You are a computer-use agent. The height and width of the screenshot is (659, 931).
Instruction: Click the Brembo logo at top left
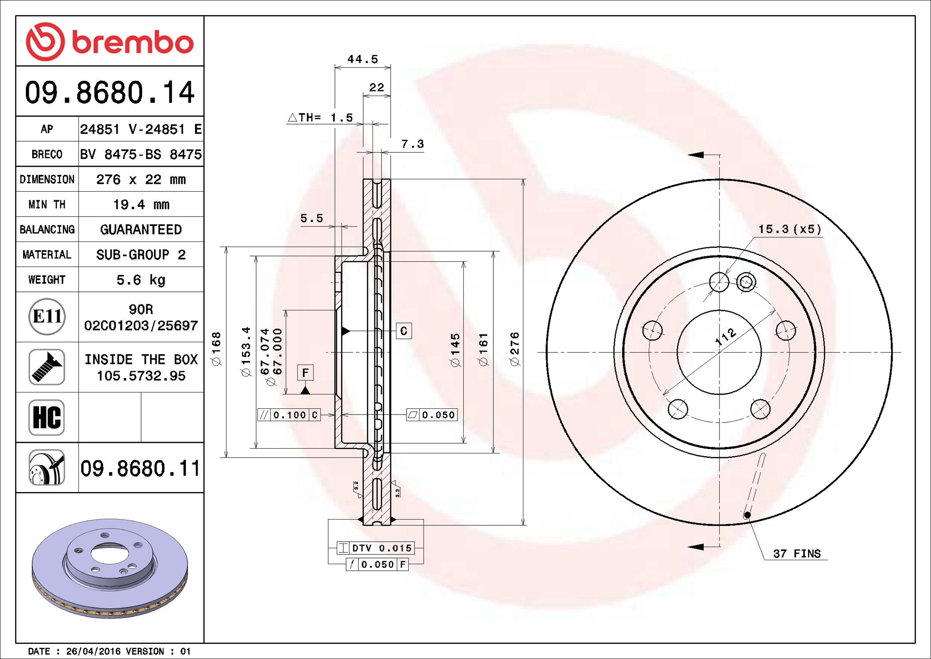(x=109, y=42)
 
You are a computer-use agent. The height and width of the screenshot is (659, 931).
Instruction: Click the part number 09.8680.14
(x=109, y=93)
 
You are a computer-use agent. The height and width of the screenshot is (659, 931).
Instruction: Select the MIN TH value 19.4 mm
(x=141, y=205)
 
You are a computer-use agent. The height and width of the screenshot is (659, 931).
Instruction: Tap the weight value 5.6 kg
(x=141, y=280)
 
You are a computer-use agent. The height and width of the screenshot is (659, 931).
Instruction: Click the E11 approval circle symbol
(x=47, y=317)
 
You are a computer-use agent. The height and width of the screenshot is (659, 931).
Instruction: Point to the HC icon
(x=47, y=417)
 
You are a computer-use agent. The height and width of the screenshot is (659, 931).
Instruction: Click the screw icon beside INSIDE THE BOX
(x=47, y=367)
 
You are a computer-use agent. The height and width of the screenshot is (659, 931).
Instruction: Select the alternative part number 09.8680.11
(x=140, y=469)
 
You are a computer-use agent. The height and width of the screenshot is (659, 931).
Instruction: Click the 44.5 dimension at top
(x=362, y=59)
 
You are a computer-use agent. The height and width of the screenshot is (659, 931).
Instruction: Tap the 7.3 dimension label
(x=412, y=144)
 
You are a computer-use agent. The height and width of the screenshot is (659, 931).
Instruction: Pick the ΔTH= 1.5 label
(x=321, y=118)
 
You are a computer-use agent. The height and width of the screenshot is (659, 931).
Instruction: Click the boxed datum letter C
(x=404, y=331)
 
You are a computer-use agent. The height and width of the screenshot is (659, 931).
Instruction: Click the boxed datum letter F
(x=305, y=373)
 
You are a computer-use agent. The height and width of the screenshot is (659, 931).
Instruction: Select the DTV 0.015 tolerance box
(x=376, y=548)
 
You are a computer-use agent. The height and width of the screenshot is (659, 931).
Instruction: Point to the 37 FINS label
(x=796, y=554)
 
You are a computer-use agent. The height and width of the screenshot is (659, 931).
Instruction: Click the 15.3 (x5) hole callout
(x=789, y=229)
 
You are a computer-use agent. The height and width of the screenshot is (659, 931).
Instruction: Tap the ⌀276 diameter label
(x=515, y=349)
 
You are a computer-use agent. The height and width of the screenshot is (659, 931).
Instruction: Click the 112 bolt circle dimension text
(x=726, y=337)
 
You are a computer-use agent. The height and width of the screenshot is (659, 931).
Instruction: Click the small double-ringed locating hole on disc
(x=746, y=282)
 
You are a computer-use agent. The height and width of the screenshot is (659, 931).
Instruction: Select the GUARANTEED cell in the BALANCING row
(x=141, y=229)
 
